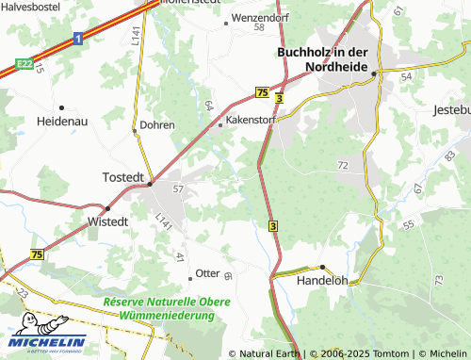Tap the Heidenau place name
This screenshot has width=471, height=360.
tap(61, 122)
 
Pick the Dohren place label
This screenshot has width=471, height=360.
tap(156, 124)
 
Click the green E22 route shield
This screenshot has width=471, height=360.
tap(24, 62)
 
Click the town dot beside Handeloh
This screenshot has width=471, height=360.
tap(321, 267)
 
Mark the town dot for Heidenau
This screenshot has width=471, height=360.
tap(61, 107)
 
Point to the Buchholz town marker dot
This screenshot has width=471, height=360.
tap(374, 73)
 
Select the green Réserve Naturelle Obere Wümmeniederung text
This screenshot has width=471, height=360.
tap(168, 307)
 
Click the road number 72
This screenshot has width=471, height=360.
tap(342, 165)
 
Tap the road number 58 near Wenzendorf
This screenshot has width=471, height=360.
tap(259, 27)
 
